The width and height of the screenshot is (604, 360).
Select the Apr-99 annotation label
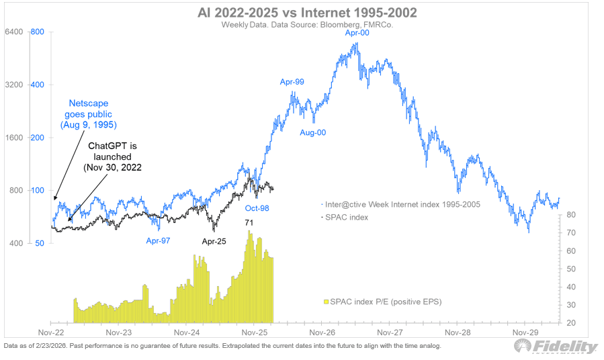pos(292,82)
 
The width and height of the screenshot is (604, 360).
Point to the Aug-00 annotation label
pos(313,132)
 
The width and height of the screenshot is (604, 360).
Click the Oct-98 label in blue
pos(257,208)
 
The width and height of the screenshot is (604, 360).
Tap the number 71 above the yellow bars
pos(250,221)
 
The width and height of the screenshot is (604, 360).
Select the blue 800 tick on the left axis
pos(38,32)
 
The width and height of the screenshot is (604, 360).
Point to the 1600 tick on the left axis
pos(15,138)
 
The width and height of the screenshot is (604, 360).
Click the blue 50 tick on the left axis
pos(40,243)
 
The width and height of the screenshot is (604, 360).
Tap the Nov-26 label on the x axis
pos(322,332)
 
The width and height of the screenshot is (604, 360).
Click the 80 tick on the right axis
pos(568,215)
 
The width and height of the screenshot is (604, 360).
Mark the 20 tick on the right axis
pos(568,323)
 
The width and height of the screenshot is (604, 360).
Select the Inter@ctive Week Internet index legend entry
pos(402,204)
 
